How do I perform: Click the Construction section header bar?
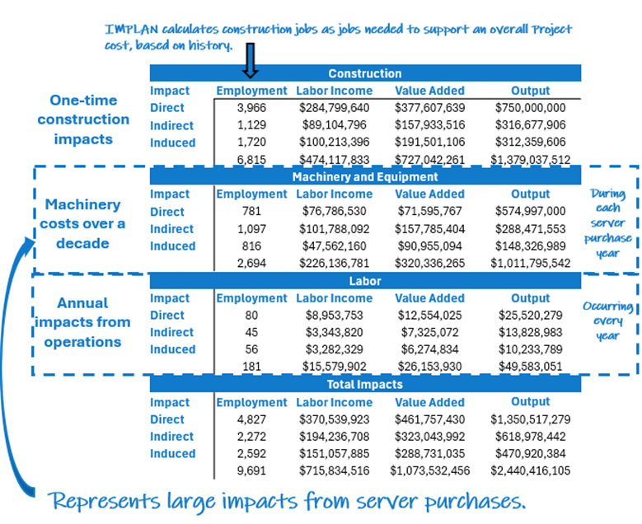tap(364, 73)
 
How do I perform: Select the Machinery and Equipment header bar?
tap(364, 176)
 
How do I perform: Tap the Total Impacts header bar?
tap(364, 384)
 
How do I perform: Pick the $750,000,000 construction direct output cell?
tap(530, 108)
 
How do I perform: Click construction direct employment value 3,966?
tap(251, 108)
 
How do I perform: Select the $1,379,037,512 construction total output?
tap(530, 160)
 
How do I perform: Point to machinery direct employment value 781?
tap(251, 212)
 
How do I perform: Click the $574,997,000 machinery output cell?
tap(530, 212)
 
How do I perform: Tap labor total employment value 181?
tap(251, 367)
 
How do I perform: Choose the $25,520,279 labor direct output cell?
tap(530, 316)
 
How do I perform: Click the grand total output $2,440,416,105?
tap(530, 470)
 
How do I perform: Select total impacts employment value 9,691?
tap(251, 470)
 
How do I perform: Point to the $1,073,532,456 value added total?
tap(429, 470)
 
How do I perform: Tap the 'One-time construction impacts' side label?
tap(83, 119)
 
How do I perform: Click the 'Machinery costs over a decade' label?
tap(82, 223)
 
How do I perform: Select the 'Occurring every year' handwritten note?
tap(609, 321)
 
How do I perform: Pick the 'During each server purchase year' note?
tap(609, 224)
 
